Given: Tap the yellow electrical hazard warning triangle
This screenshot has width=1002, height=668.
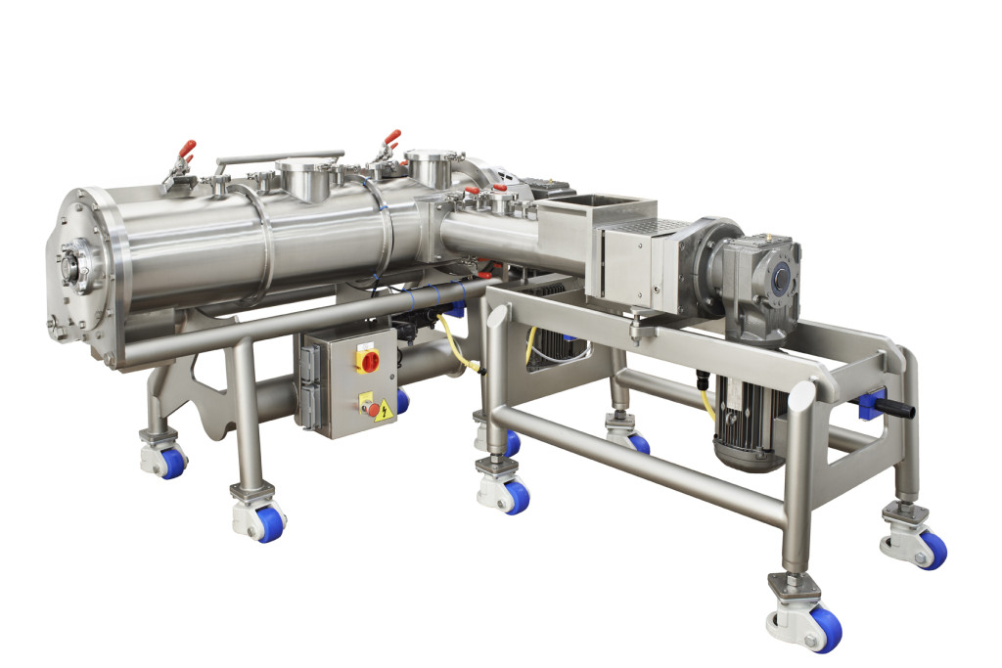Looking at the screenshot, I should coord(383,410).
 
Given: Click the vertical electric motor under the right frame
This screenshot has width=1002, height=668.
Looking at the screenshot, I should coord(748,420).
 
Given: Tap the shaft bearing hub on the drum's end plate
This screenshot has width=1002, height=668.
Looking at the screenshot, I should coord(70,266).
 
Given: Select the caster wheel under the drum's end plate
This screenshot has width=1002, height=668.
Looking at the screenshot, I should coord(167,460).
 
